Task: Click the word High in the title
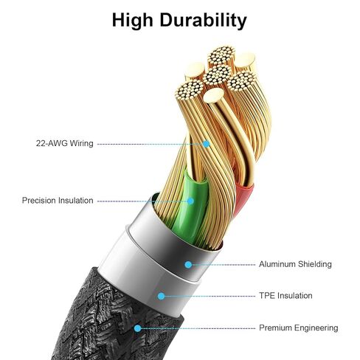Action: click(x=132, y=20)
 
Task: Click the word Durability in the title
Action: click(x=203, y=20)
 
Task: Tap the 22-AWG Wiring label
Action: click(x=65, y=143)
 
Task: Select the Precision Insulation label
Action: click(x=58, y=201)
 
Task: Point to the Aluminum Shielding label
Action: click(x=295, y=264)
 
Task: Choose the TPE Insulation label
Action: click(x=285, y=296)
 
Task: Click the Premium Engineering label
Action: click(x=299, y=328)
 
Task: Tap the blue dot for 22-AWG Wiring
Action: click(x=207, y=144)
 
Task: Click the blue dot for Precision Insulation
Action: click(x=190, y=201)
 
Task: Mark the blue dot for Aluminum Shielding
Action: click(x=188, y=265)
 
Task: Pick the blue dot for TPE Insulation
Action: click(x=161, y=296)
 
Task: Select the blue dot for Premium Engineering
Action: click(x=138, y=328)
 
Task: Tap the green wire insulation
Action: click(x=190, y=207)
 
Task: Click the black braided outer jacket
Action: click(x=111, y=325)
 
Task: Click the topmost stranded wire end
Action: click(x=221, y=56)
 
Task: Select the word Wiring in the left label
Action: click(x=82, y=143)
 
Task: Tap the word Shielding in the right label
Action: click(x=315, y=264)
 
